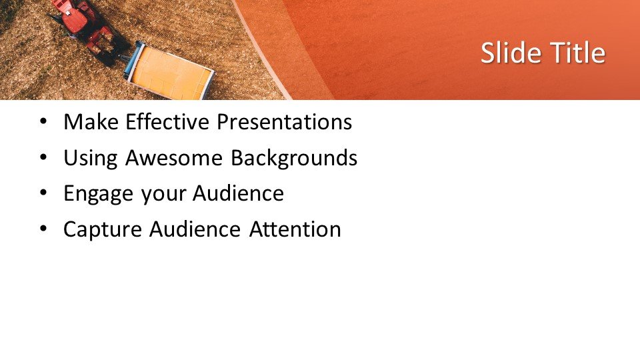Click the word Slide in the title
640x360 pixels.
click(x=511, y=53)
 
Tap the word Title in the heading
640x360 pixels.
click(x=578, y=53)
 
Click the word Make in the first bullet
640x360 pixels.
click(x=91, y=121)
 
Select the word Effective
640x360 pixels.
click(x=167, y=121)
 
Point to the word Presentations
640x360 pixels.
click(x=284, y=121)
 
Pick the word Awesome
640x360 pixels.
click(x=174, y=157)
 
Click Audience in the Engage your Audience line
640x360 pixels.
click(x=238, y=193)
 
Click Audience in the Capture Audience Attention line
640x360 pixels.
click(x=195, y=229)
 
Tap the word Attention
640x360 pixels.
click(x=295, y=229)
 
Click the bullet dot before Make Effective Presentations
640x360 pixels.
click(x=44, y=121)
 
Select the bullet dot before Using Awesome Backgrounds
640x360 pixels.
click(x=44, y=157)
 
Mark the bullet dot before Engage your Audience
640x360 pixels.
click(x=44, y=193)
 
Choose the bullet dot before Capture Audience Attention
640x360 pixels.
click(x=44, y=229)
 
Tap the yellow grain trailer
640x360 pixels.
click(x=169, y=71)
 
